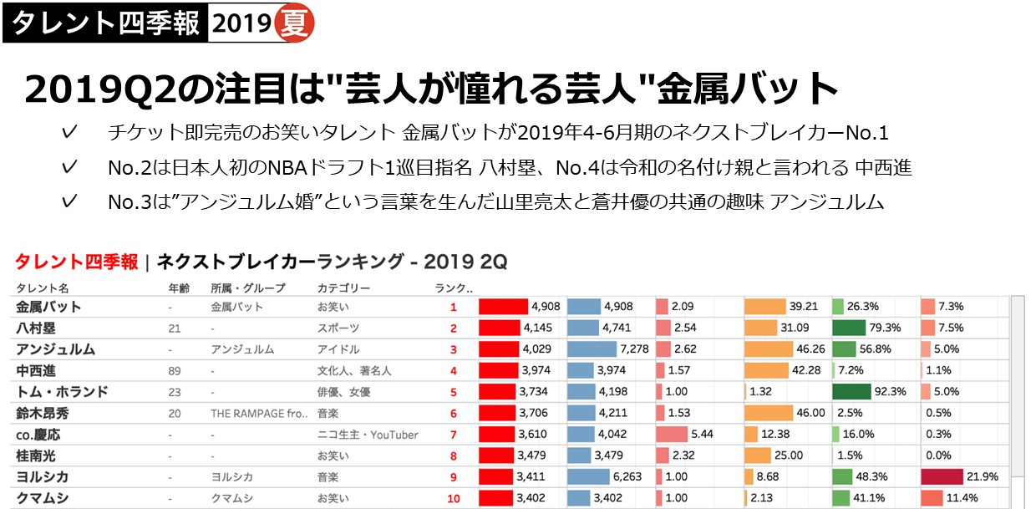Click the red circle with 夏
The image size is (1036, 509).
pyautogui.click(x=294, y=23)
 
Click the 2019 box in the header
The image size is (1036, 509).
pyautogui.click(x=241, y=23)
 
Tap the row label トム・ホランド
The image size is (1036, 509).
pyautogui.click(x=62, y=392)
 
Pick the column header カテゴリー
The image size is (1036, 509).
pyautogui.click(x=343, y=288)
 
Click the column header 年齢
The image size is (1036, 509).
pyautogui.click(x=180, y=288)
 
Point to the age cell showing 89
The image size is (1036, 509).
pyautogui.click(x=175, y=370)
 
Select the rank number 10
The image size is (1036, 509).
pyautogui.click(x=453, y=499)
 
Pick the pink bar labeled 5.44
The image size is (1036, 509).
pyautogui.click(x=683, y=435)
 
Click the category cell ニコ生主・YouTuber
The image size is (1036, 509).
pyautogui.click(x=368, y=435)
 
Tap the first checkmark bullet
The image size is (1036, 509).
pyautogui.click(x=71, y=132)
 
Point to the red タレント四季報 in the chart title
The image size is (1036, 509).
pyautogui.click(x=77, y=262)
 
